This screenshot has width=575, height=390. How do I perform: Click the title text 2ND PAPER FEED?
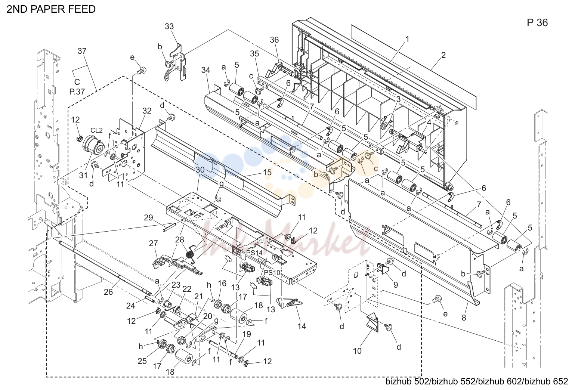51,9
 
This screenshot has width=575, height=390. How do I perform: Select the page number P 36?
537,23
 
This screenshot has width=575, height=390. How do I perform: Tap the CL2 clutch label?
96,130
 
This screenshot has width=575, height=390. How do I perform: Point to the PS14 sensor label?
254,253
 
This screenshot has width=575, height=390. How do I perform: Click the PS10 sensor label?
272,272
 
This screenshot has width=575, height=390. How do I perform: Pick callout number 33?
169,27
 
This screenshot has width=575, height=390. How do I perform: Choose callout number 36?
274,40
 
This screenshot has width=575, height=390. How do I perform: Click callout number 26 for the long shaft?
108,292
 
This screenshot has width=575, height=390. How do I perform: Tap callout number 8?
464,318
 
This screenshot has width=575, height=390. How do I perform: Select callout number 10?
357,351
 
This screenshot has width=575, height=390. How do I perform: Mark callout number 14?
302,326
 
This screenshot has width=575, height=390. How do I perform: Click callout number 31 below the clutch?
83,176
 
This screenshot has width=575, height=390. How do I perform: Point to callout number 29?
148,217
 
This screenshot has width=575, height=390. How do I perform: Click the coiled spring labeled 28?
190,254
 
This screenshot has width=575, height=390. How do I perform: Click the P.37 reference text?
77,92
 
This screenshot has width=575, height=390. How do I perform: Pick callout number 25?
142,361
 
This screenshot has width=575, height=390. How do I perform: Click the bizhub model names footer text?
476,381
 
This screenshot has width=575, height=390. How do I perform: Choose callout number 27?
153,243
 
